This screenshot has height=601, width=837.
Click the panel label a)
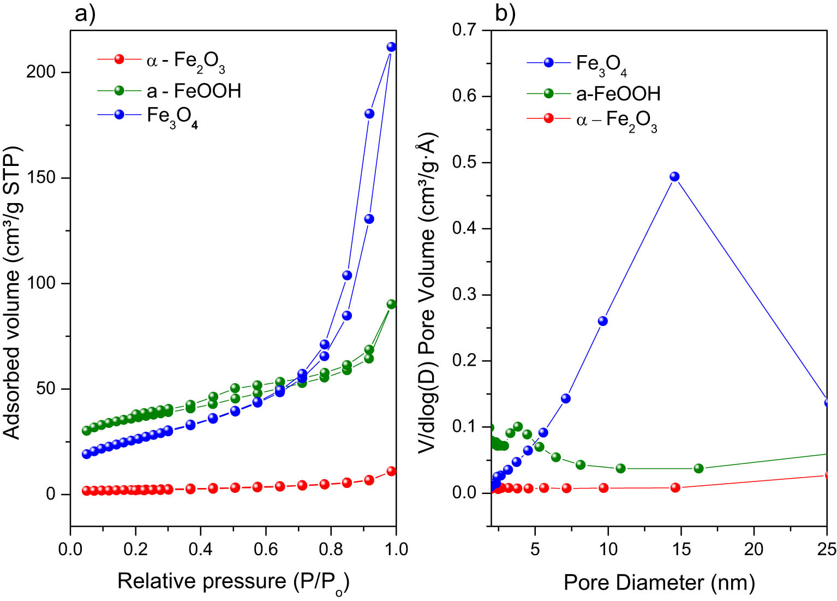click(85, 13)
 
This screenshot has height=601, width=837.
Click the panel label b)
click(505, 13)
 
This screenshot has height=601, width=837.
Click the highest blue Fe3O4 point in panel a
click(391, 47)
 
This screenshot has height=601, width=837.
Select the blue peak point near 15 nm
click(674, 176)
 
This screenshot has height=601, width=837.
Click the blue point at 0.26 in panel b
click(603, 321)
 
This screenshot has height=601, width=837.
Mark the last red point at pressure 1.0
click(391, 471)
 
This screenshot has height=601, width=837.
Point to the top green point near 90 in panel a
click(391, 304)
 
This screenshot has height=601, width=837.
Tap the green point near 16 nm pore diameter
click(698, 468)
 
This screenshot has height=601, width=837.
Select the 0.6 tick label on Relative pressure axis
click(266, 549)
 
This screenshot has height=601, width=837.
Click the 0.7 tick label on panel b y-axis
click(465, 30)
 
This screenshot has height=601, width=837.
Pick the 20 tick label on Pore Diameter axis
click(754, 549)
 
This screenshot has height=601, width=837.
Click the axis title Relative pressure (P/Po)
click(233, 582)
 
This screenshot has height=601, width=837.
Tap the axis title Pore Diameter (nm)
click(659, 582)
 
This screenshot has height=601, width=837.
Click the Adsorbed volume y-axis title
click(12, 292)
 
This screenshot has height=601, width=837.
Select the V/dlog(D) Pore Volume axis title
click(427, 292)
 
